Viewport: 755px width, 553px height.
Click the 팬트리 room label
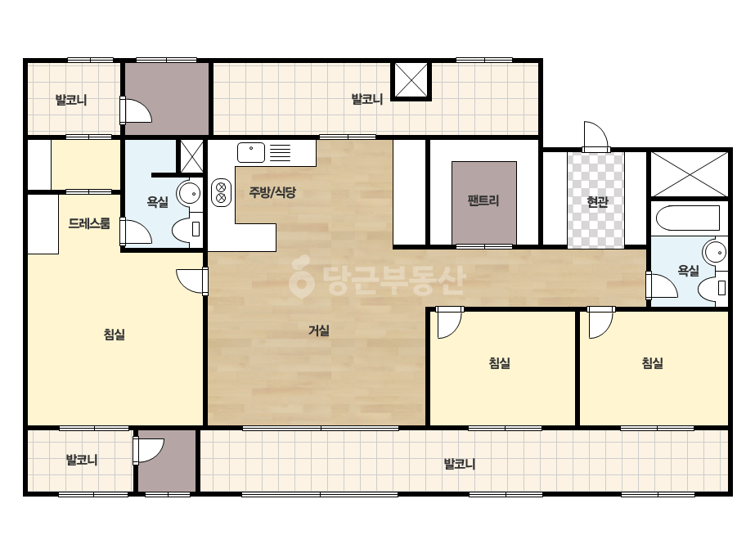483,200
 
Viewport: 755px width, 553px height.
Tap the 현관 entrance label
597,201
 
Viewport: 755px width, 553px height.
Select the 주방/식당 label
272,193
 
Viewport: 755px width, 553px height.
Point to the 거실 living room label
319,330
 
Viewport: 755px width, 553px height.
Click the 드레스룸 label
89,223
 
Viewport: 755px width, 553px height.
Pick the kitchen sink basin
251,152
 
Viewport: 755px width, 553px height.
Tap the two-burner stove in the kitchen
221,192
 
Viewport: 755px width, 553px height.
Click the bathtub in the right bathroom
688,218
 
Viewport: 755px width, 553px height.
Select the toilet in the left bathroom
189,228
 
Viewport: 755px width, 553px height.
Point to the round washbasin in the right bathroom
714,252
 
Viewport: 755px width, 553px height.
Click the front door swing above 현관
595,137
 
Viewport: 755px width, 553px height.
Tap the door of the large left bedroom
192,281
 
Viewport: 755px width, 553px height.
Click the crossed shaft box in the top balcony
411,80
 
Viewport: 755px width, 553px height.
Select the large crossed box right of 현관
689,174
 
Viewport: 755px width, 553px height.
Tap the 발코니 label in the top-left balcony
71,100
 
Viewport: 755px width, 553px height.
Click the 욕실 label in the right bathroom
688,271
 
